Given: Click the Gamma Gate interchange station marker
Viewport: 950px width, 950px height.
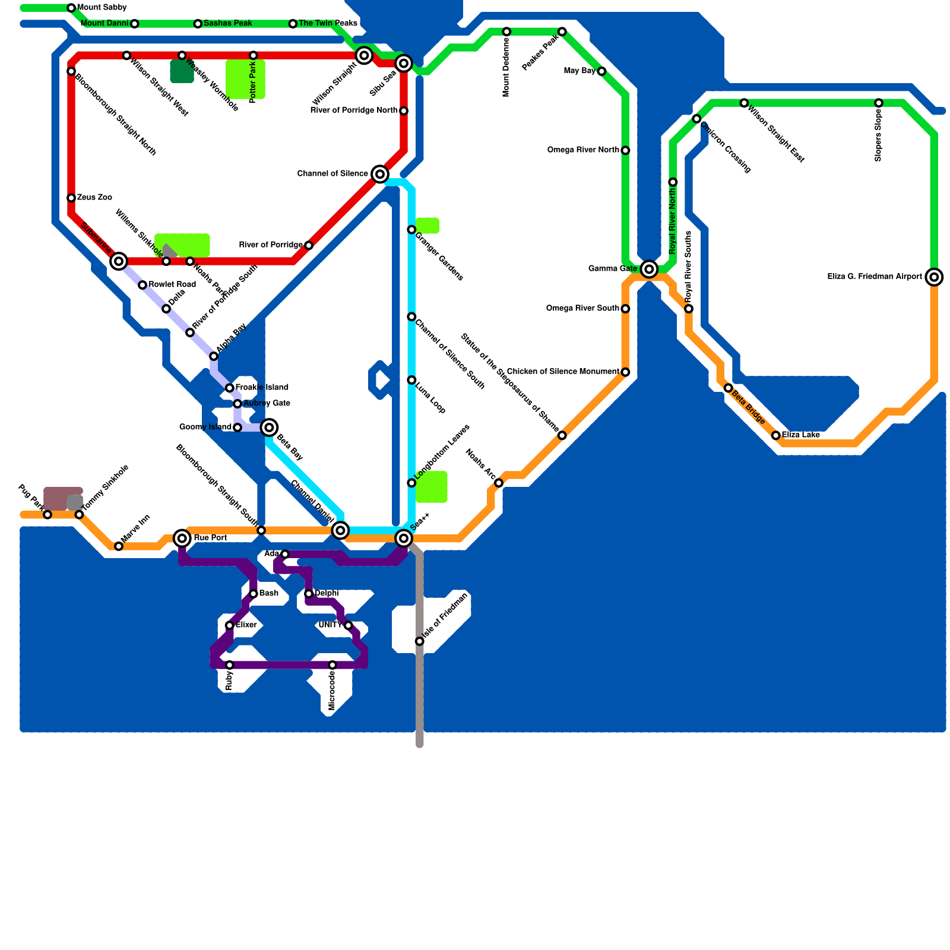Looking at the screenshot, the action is point(649,269).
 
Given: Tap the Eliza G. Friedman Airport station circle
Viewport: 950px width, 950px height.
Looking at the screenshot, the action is point(934,277).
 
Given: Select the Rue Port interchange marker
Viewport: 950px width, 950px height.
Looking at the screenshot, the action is point(182,538).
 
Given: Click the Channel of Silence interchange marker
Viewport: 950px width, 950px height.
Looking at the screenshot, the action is point(380,174).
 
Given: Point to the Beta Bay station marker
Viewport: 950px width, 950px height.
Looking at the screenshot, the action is point(269,427).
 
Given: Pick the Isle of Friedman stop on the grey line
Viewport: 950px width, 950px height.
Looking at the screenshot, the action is point(420,641).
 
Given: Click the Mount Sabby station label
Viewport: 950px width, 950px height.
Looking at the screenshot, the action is point(102,8).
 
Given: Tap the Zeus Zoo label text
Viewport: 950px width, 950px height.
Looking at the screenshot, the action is point(94,197).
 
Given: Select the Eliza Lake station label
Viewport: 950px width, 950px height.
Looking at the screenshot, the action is point(801,435).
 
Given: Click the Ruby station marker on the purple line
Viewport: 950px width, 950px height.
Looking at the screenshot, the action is point(230,665).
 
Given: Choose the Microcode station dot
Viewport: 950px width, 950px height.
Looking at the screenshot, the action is point(332,665).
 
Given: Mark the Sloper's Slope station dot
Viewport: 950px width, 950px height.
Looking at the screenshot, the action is point(879,103).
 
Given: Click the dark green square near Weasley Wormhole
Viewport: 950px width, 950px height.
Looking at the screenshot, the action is point(182,71).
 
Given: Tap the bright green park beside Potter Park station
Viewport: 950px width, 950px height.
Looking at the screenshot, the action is point(245,80).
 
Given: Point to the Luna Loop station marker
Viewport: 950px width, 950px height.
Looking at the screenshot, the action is point(411,380).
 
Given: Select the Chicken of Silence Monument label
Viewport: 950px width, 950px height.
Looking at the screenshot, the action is point(562,372).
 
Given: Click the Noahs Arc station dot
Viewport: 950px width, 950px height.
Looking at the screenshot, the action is point(499,483).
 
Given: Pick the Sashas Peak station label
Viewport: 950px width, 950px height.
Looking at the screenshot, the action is point(227,24).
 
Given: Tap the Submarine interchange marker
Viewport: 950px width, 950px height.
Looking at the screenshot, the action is point(119,261).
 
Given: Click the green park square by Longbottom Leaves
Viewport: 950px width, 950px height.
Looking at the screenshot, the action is point(432,487).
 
